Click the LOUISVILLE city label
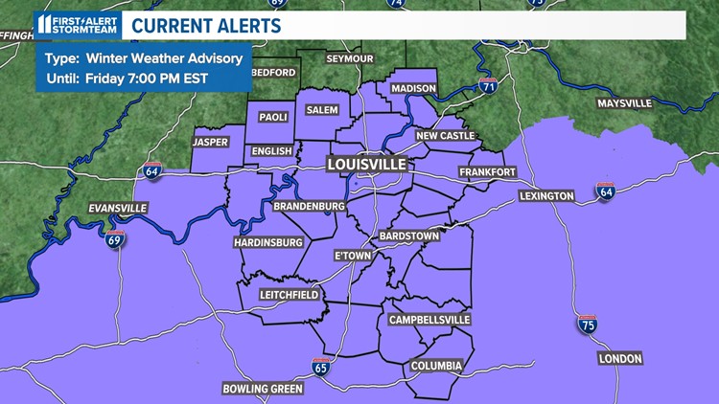click(x=366, y=164)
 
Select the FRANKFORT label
click(x=487, y=171)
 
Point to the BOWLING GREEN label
click(x=262, y=389)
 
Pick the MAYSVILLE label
click(x=623, y=102)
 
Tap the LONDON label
click(x=619, y=358)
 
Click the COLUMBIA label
click(x=436, y=366)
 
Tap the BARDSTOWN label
click(x=408, y=235)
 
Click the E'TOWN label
click(x=352, y=256)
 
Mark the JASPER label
click(x=210, y=143)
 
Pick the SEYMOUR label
click(x=348, y=58)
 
